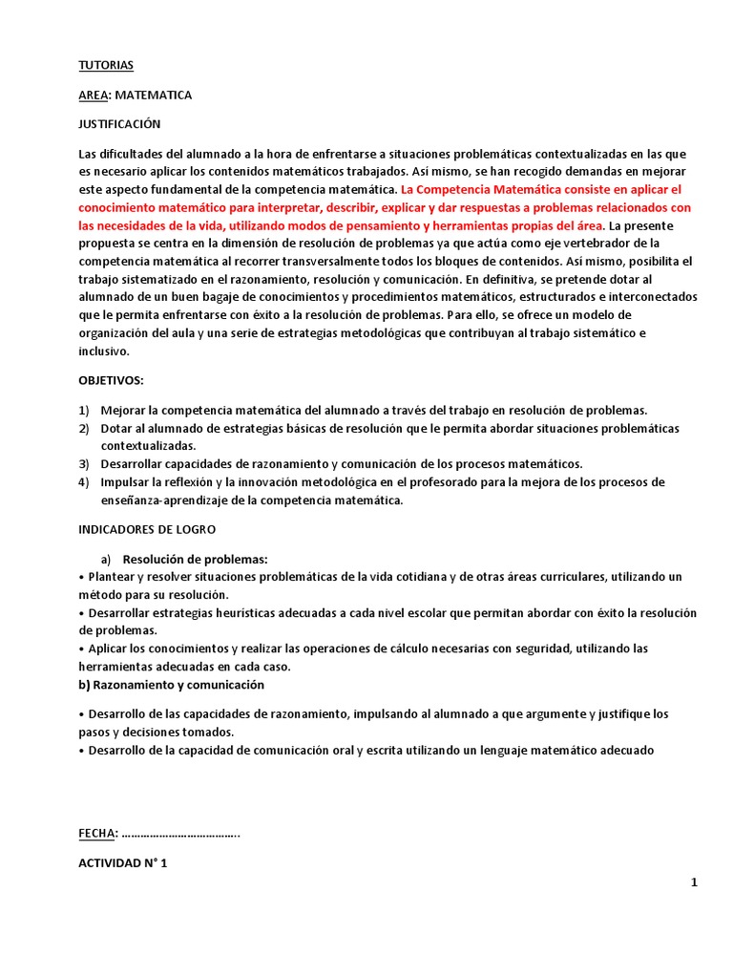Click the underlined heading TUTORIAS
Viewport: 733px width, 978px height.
tap(106, 65)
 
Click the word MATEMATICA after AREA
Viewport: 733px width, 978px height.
tap(154, 95)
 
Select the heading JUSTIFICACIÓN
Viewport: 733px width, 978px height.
tap(119, 124)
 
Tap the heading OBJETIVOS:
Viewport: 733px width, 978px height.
tap(111, 380)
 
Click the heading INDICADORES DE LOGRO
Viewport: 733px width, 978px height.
tap(147, 528)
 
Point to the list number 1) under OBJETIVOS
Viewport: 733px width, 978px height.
tap(83, 410)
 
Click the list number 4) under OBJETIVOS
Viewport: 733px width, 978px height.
tap(83, 481)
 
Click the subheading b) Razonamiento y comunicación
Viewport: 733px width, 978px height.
tap(171, 685)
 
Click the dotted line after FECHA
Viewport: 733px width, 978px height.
tap(181, 834)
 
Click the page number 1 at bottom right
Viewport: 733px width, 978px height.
tap(695, 882)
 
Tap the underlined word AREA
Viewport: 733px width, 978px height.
tap(94, 95)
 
